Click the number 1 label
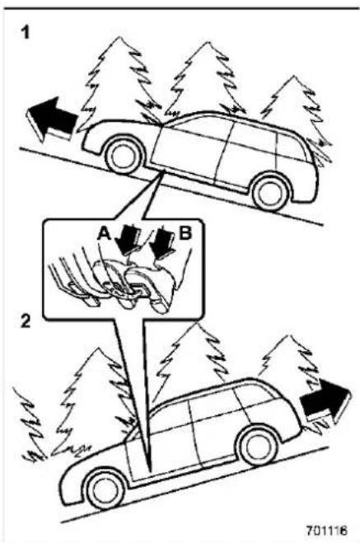[x=26, y=33]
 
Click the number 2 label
[x=26, y=321]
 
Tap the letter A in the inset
[x=104, y=234]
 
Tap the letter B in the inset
[x=185, y=233]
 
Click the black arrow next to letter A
[x=127, y=238]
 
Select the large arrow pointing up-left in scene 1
[x=52, y=119]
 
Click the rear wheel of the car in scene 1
[x=271, y=193]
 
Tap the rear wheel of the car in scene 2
[x=258, y=446]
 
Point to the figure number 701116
[x=326, y=530]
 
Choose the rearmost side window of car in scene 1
[x=292, y=147]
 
